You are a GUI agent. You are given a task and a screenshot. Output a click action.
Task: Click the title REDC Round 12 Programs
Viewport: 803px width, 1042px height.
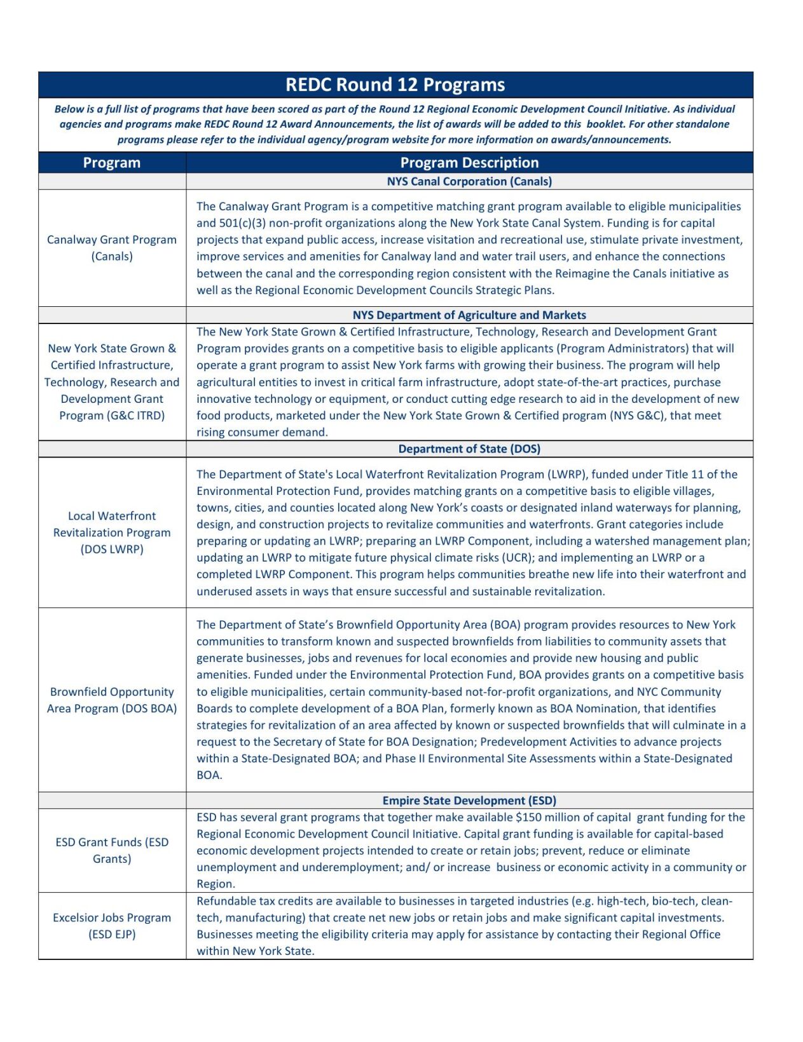395,85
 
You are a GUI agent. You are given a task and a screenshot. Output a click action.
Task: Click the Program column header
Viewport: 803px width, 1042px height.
112,163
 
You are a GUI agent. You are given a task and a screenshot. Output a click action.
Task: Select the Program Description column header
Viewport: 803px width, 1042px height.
469,163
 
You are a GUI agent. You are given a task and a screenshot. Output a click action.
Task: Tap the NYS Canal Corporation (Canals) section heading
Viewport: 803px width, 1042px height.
469,182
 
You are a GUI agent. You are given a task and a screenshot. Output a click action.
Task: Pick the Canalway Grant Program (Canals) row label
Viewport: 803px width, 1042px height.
112,248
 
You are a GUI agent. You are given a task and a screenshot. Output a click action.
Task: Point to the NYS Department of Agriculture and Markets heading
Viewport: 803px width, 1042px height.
469,315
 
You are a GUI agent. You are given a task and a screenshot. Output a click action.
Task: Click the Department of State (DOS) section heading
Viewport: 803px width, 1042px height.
469,449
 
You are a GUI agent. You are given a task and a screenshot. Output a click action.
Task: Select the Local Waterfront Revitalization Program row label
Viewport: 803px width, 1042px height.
112,532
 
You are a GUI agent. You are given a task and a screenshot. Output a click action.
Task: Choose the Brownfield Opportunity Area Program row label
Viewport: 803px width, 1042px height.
112,700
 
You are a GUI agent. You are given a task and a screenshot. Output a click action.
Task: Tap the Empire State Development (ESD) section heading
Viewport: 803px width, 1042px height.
469,801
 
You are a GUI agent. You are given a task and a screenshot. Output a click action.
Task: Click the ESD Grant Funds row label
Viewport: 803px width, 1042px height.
112,850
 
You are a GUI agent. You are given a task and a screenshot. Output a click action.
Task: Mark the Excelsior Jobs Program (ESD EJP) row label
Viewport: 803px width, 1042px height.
112,926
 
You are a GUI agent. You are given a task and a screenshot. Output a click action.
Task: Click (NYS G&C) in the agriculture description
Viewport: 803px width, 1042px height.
635,416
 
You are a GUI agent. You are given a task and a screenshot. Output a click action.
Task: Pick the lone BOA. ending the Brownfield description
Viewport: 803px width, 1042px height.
209,775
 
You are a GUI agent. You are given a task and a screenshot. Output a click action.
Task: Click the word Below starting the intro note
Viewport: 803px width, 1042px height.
69,109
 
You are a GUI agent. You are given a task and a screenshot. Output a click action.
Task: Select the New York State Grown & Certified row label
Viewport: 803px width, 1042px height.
112,382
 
